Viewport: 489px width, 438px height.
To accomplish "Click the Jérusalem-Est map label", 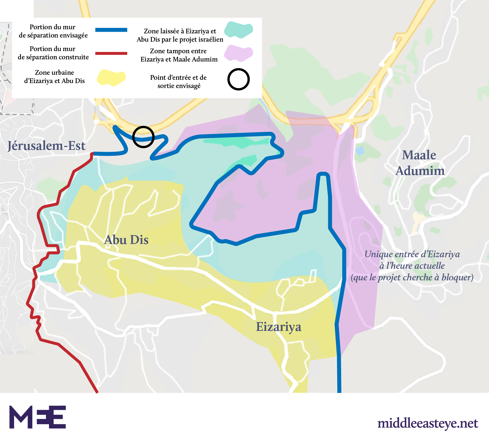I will pos(46,146).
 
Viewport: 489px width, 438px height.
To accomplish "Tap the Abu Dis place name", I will pos(126,240).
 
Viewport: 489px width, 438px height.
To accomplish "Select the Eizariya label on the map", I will pos(278,327).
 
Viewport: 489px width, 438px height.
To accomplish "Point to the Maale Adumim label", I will pos(420,163).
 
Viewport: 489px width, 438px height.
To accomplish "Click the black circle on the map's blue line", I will pos(143,137).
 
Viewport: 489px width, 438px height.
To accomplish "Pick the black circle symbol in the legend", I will pos(238,79).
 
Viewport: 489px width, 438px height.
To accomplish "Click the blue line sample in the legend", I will pos(111,30).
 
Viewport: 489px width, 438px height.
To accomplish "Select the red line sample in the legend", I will pos(111,53).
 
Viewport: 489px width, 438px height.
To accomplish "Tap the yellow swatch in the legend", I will pos(111,78).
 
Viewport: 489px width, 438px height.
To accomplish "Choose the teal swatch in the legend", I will pos(238,30).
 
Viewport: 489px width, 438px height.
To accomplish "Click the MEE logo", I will pos(38,417).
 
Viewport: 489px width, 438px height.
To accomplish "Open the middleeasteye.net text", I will pos(428,423).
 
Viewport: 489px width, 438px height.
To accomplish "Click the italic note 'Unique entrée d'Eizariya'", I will pos(412,266).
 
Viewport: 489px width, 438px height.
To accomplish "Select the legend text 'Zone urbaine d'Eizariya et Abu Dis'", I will pos(54,77).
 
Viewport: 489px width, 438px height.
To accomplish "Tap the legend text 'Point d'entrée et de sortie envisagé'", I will pos(179,81).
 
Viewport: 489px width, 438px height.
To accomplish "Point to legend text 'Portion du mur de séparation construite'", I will pos(53,53).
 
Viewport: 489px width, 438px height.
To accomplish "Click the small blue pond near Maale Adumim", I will pos(360,151).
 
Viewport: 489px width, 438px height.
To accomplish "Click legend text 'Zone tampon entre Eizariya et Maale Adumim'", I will pos(179,55).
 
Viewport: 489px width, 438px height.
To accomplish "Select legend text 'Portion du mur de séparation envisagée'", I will pos(53,31).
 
